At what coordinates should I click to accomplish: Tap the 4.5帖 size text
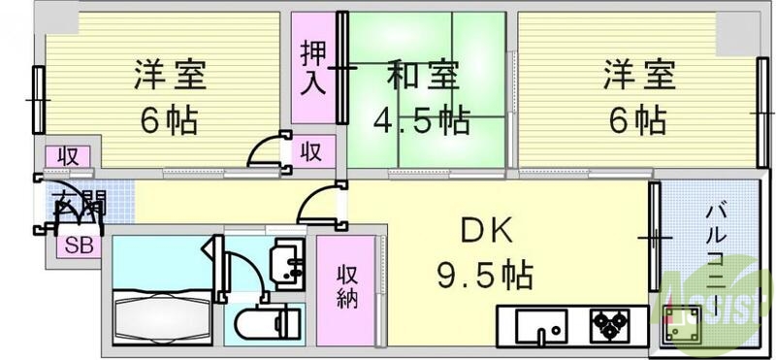click(x=423, y=120)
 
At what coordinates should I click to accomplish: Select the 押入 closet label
click(x=311, y=67)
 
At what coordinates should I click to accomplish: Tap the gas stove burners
click(x=609, y=323)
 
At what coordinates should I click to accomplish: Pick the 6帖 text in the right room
click(x=637, y=120)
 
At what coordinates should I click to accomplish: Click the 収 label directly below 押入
click(x=310, y=151)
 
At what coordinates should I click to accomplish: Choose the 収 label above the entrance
click(x=67, y=155)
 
